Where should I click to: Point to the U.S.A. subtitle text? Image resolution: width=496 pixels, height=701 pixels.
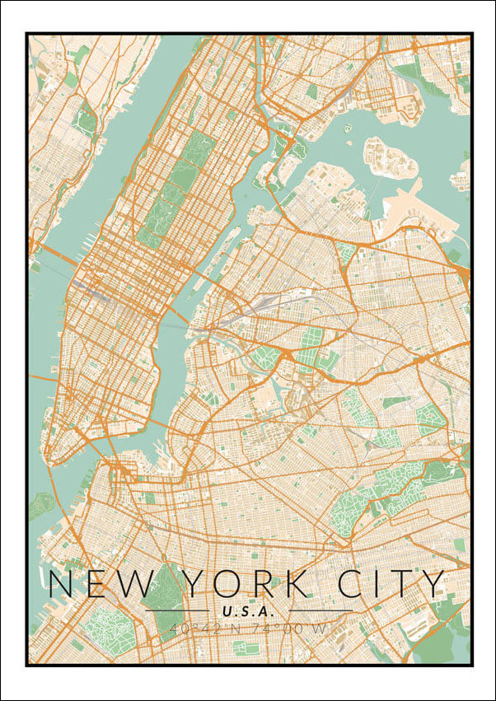pyautogui.click(x=248, y=611)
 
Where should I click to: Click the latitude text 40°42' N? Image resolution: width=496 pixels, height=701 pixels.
pyautogui.click(x=203, y=629)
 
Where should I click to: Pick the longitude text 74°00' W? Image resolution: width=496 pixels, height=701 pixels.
pyautogui.click(x=292, y=629)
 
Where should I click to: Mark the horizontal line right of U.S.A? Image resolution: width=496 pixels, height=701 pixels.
pyautogui.click(x=321, y=611)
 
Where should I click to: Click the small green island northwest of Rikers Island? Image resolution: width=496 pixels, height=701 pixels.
pyautogui.click(x=348, y=129)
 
